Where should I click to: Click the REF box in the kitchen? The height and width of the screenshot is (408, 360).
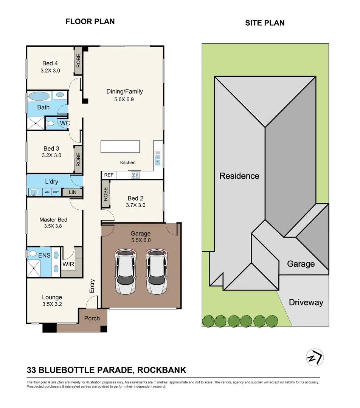(109, 175)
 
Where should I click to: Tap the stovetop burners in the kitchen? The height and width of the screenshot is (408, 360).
(135, 175)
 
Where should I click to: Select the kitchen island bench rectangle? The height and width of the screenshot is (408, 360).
(120, 147)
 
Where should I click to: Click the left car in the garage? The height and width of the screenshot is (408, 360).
(126, 271)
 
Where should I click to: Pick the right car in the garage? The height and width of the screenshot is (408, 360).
(157, 271)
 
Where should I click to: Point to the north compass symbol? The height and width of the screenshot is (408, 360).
(315, 357)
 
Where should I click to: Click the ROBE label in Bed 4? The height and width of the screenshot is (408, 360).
(78, 60)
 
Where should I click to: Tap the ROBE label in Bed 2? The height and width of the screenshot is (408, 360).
(106, 194)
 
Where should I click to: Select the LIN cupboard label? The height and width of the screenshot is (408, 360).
(73, 192)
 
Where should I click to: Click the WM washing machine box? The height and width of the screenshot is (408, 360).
(47, 192)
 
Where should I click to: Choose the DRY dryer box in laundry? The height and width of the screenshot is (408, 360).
(56, 192)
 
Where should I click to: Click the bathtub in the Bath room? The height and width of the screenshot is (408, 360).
(39, 96)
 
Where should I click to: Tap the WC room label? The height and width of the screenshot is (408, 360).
(65, 123)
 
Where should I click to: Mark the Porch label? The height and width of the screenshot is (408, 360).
(92, 318)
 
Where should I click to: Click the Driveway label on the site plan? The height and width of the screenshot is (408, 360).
(306, 302)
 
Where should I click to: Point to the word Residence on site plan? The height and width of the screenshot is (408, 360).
(239, 176)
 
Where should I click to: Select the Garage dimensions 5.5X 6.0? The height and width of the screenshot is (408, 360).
(141, 240)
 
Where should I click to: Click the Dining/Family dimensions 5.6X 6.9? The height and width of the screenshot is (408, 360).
(124, 99)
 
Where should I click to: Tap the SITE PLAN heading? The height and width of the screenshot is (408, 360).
(265, 23)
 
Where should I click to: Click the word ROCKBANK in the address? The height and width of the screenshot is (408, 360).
(162, 370)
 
